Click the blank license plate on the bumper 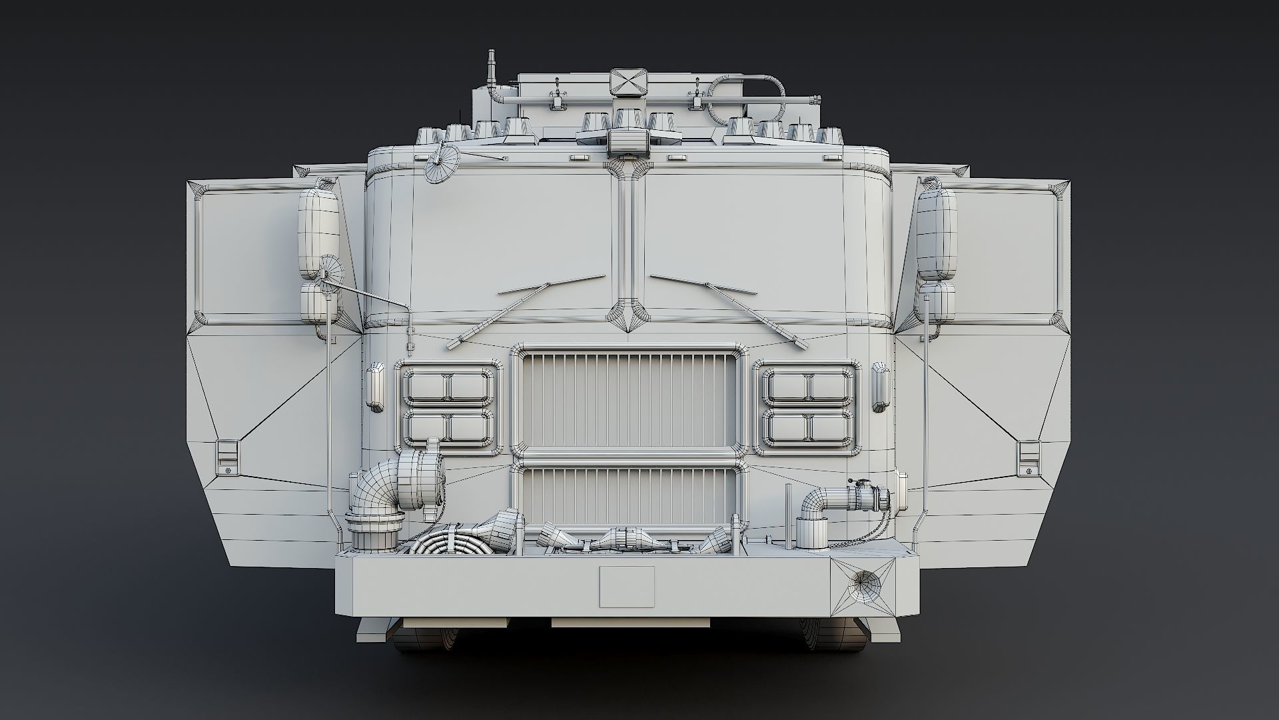pos(626,586)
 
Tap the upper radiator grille pos(630,399)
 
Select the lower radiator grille pos(630,495)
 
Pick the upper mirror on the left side pos(319,233)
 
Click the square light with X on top pos(628,83)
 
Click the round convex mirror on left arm pos(330,272)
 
